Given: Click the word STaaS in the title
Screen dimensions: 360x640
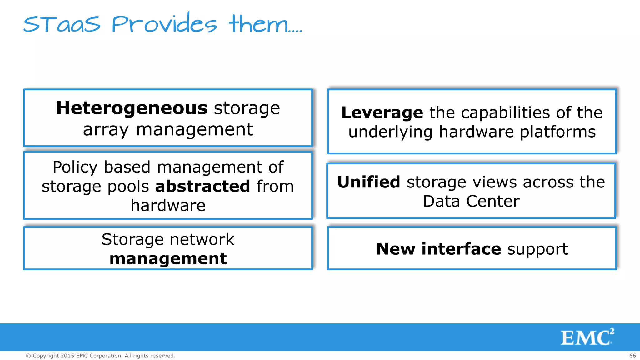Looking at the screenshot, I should pos(62,24).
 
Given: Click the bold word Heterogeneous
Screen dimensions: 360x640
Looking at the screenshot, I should pos(132,108).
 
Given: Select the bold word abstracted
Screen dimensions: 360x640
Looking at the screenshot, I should pos(202,186).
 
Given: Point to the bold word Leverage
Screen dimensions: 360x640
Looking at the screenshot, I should pos(382,112).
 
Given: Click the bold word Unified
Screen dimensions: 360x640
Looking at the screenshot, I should pos(369,182).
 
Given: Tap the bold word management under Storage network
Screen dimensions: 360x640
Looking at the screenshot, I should pos(168,259).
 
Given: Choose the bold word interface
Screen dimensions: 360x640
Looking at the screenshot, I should pos(461,249).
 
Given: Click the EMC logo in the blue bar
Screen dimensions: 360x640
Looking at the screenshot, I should pos(587,337).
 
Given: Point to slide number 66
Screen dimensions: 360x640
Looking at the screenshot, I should pos(632,356).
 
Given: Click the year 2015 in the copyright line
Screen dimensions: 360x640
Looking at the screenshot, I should pos(67,356).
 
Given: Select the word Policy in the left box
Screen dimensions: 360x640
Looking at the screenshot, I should pos(75,167).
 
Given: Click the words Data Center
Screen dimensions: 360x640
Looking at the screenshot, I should pos(471,201).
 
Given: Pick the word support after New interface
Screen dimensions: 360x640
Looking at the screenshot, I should pos(537,249).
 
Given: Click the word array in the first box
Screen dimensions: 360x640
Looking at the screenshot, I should pos(106,130).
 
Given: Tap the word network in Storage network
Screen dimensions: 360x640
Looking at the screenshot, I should pos(202,239).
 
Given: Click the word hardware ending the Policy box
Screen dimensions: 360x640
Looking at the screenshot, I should pos(168,206).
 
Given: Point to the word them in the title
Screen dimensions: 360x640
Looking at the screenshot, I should pos(258,24).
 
